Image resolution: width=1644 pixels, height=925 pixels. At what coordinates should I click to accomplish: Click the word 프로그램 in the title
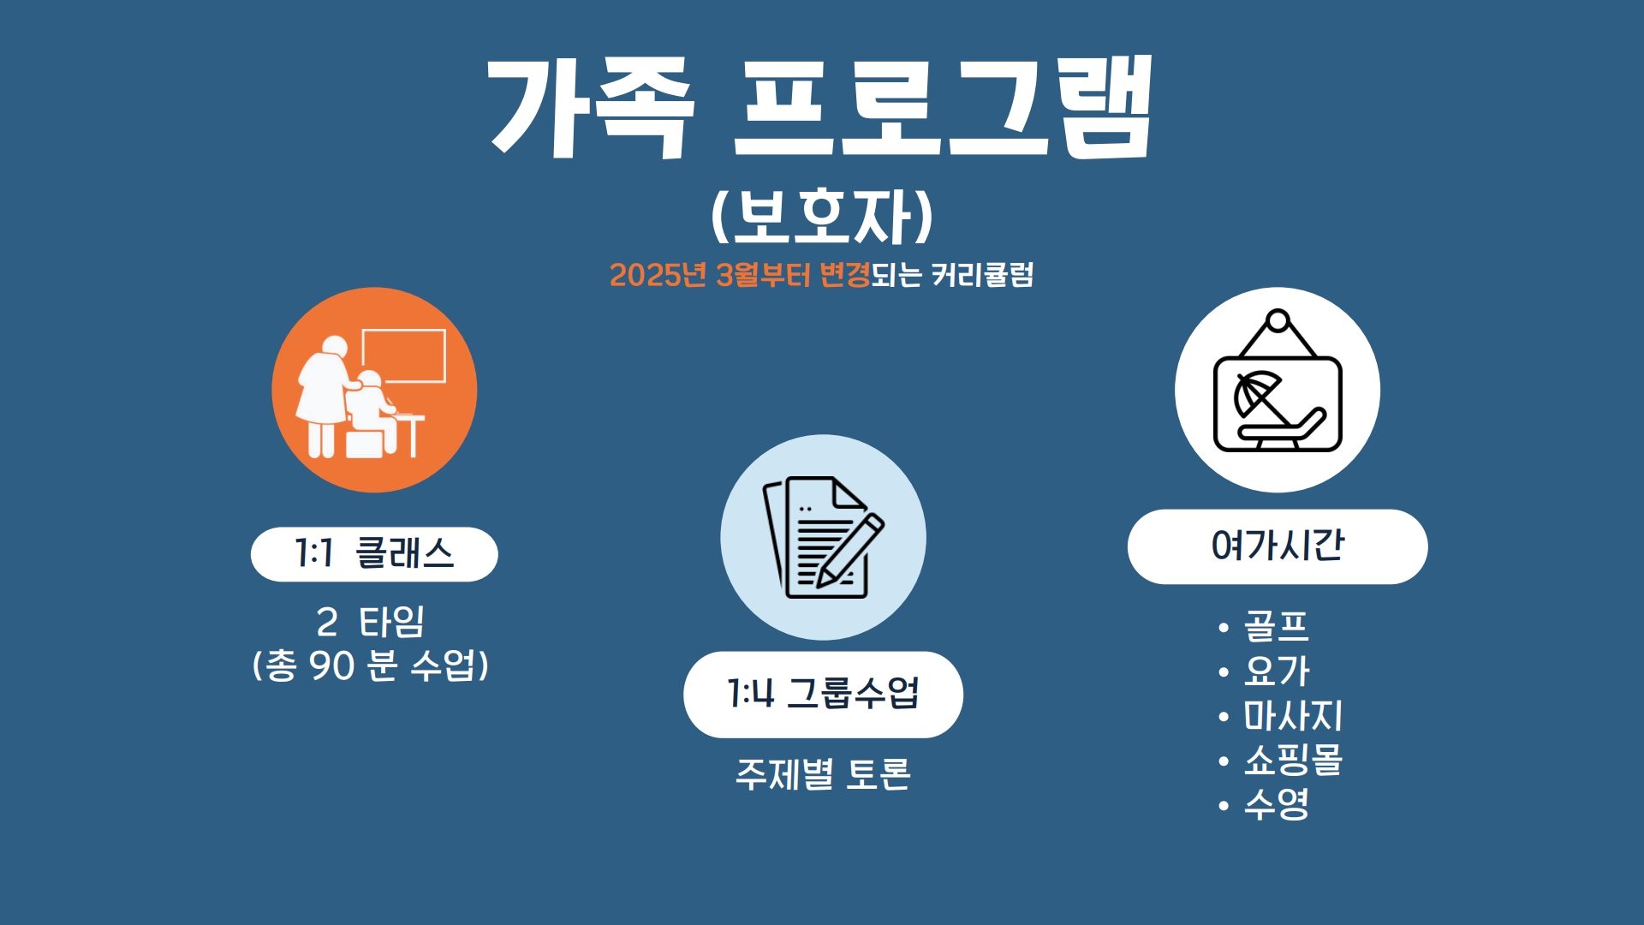pyautogui.click(x=944, y=106)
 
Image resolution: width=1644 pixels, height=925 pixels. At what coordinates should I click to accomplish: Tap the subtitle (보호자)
pyautogui.click(x=822, y=215)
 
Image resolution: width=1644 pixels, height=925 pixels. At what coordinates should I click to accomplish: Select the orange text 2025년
pyautogui.click(x=658, y=275)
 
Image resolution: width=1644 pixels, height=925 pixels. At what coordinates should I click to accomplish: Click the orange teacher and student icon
pyautogui.click(x=374, y=390)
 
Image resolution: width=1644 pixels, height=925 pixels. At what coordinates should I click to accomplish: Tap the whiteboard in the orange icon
pyautogui.click(x=403, y=355)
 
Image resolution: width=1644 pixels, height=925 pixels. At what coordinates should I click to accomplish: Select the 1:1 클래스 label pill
pyautogui.click(x=374, y=554)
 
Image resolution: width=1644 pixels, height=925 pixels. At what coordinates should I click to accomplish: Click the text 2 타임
pyautogui.click(x=370, y=622)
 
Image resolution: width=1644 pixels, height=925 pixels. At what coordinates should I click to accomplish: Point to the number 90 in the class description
pyautogui.click(x=332, y=665)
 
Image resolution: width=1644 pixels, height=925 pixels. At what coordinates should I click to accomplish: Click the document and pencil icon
pyautogui.click(x=823, y=537)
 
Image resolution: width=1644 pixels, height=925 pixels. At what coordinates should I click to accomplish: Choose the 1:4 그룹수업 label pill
pyautogui.click(x=823, y=695)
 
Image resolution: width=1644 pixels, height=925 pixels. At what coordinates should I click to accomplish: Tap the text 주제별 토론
pyautogui.click(x=823, y=774)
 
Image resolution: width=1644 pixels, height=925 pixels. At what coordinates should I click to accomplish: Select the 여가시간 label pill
pyautogui.click(x=1278, y=546)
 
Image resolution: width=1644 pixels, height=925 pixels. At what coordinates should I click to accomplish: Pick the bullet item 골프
pyautogui.click(x=1276, y=626)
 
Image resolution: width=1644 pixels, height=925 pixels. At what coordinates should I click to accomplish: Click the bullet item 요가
pyautogui.click(x=1276, y=671)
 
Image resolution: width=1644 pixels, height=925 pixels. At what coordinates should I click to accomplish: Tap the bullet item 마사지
pyautogui.click(x=1293, y=715)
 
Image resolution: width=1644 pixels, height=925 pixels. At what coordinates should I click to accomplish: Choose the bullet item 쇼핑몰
pyautogui.click(x=1293, y=760)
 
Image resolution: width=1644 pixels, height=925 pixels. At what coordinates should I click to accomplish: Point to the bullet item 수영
pyautogui.click(x=1276, y=804)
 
